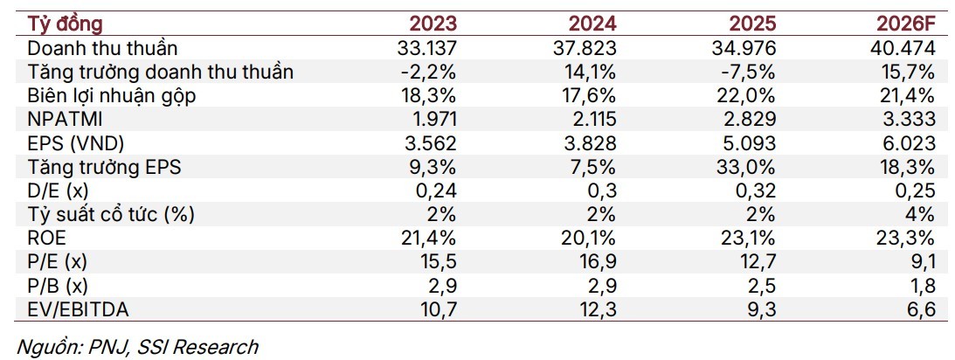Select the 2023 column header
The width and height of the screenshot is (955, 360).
pyautogui.click(x=433, y=24)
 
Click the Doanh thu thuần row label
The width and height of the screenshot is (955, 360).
pyautogui.click(x=103, y=47)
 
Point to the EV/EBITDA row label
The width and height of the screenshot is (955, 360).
pyautogui.click(x=79, y=309)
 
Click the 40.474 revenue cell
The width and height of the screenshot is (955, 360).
pyautogui.click(x=903, y=47)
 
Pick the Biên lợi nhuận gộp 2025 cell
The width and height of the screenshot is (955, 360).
pyautogui.click(x=745, y=95)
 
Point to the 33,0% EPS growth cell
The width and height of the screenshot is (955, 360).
pyautogui.click(x=745, y=167)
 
